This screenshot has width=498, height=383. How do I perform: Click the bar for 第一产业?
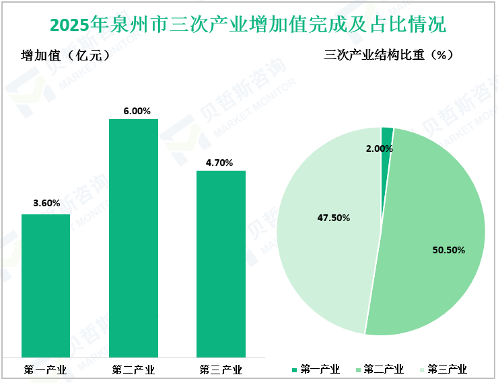46,286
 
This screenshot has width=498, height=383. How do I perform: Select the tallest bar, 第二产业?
133,238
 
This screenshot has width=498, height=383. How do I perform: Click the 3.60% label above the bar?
46,203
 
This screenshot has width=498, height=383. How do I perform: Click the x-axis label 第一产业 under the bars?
45,369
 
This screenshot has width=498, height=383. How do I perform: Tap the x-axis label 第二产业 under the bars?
133,369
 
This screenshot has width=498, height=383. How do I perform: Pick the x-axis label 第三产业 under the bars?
221,369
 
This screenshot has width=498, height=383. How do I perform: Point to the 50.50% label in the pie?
449,250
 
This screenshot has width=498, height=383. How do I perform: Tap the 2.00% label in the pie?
380,148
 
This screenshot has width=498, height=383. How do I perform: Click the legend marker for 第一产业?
294,370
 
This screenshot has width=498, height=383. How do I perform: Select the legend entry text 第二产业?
384,370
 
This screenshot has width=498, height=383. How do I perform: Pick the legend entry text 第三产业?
447,370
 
